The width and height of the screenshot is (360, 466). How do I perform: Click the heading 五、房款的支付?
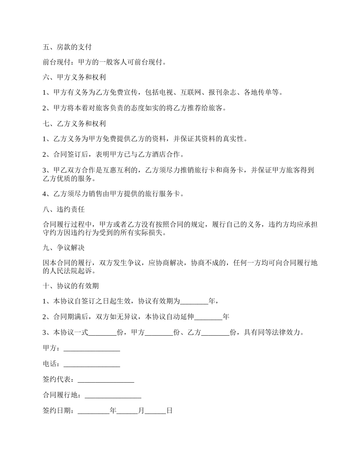pyautogui.click(x=67, y=47)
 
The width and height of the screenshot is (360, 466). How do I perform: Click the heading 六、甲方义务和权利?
pyautogui.click(x=74, y=78)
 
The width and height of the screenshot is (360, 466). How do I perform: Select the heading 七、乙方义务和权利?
pyautogui.click(x=74, y=124)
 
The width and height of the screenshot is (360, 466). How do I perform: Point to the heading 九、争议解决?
pyautogui.click(x=64, y=248)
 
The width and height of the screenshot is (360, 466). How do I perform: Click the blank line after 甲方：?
pyautogui.click(x=92, y=349)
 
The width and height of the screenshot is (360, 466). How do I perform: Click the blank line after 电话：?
pyautogui.click(x=92, y=364)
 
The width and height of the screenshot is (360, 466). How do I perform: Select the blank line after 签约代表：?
pyautogui.click(x=106, y=380)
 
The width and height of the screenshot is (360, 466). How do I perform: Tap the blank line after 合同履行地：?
pyautogui.click(x=113, y=395)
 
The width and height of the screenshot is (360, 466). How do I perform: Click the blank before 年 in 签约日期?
pyautogui.click(x=93, y=411)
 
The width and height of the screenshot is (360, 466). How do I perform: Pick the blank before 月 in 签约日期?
pyautogui.click(x=127, y=411)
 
